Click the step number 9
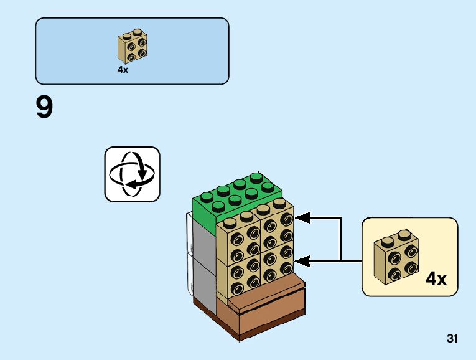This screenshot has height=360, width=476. click(45, 108)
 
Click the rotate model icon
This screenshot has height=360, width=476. click(132, 174)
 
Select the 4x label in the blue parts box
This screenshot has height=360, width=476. click(123, 70)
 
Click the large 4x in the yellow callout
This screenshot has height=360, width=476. click(436, 278)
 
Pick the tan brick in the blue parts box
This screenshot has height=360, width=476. click(133, 47)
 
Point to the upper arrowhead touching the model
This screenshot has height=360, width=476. click(301, 218)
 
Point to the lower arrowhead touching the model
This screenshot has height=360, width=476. click(301, 262)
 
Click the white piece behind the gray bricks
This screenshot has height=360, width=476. click(189, 249)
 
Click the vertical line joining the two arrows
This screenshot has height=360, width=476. click(341, 240)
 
